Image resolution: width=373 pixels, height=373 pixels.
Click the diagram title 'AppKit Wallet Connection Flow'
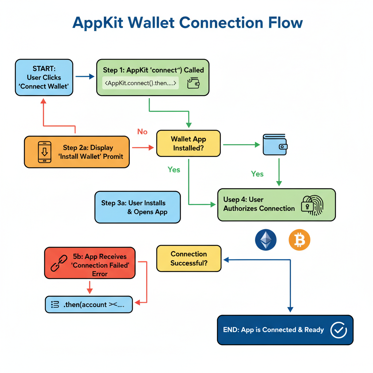pos(188,23)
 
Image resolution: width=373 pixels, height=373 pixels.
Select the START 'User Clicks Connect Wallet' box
pos(44,77)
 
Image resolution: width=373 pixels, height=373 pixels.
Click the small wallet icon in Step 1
pos(193,83)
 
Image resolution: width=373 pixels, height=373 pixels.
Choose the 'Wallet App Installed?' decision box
pos(188,144)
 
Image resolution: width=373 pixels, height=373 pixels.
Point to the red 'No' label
pos(142,131)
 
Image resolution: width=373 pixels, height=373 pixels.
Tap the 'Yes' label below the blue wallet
pos(257,174)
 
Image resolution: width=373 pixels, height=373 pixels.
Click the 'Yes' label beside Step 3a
pos(174,169)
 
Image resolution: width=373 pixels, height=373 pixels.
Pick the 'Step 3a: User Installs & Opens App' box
pos(137,207)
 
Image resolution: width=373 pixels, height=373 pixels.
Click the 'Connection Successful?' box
pos(189,258)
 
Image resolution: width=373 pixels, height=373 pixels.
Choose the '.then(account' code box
pos(89,305)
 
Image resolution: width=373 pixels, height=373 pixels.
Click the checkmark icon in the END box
pos(338,330)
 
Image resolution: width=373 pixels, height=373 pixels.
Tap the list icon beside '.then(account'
pos(55,305)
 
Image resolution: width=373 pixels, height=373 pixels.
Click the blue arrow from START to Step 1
pos(85,76)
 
